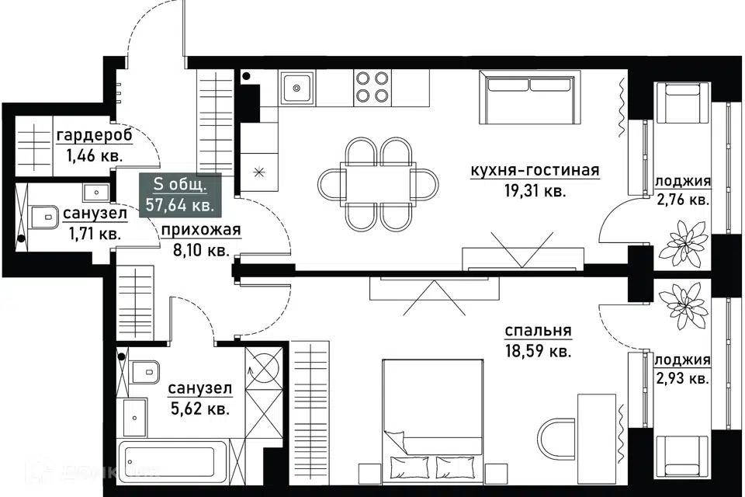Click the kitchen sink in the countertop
pyautogui.click(x=297, y=88)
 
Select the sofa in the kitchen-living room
pyautogui.click(x=530, y=98)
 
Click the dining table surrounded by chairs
pyautogui.click(x=378, y=182)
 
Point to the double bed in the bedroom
pyautogui.click(x=433, y=418)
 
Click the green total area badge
pyautogui.click(x=180, y=196)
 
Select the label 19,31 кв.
pyautogui.click(x=535, y=191)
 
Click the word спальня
pyautogui.click(x=539, y=331)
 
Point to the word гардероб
pyautogui.click(x=95, y=137)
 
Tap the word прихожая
pyautogui.click(x=201, y=230)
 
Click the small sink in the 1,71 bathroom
pyautogui.click(x=96, y=192)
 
